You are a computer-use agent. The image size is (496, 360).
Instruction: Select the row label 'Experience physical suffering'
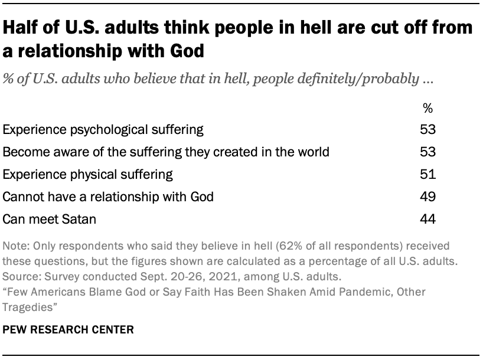(x=88, y=174)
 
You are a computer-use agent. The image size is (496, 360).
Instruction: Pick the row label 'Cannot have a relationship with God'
(x=108, y=197)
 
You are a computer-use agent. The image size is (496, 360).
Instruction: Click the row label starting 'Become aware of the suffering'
(x=166, y=152)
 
